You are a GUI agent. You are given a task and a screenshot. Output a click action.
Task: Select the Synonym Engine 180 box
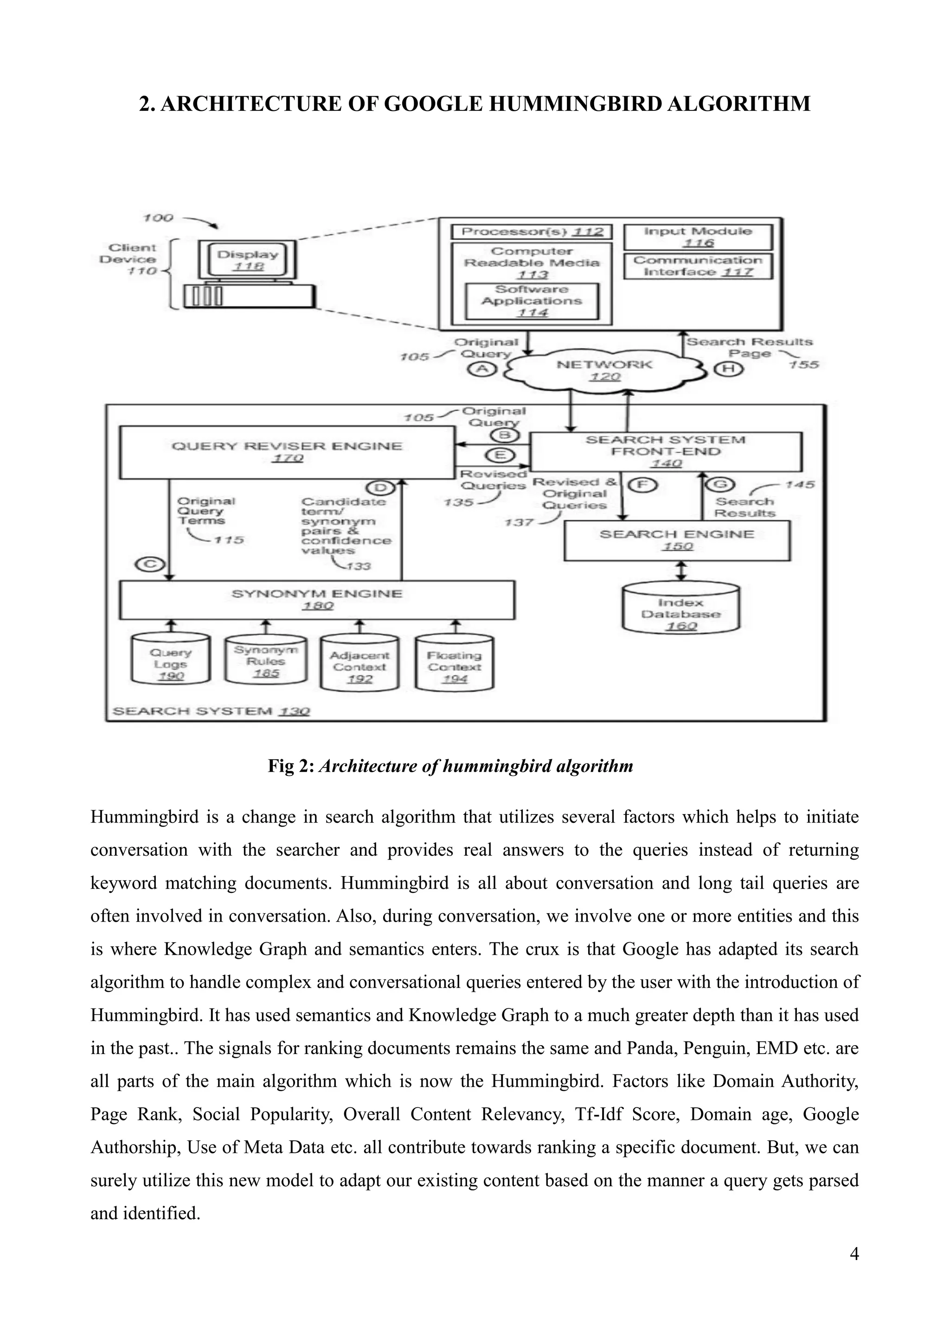(x=316, y=600)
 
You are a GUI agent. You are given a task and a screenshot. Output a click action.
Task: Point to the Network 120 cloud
(x=605, y=370)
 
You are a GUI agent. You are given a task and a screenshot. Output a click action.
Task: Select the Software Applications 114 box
(x=532, y=301)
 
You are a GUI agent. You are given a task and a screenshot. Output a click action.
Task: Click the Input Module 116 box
(x=698, y=237)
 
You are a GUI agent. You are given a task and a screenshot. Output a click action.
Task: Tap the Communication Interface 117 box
(x=698, y=266)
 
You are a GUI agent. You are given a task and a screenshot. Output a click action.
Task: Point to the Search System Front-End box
(x=666, y=451)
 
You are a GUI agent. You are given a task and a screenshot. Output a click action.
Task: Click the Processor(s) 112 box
(x=532, y=232)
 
